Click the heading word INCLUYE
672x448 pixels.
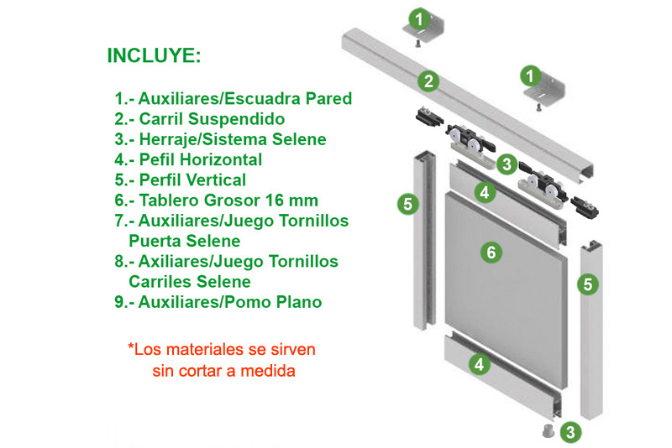click(x=154, y=55)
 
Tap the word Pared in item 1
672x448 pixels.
click(x=328, y=98)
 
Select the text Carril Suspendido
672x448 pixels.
click(x=212, y=119)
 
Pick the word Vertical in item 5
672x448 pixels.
click(x=213, y=180)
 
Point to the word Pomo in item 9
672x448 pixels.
click(x=249, y=302)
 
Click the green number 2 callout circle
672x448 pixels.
click(x=428, y=81)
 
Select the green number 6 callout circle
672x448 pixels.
click(x=491, y=253)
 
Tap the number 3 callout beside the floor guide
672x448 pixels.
click(x=570, y=432)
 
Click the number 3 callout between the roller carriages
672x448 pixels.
click(x=507, y=164)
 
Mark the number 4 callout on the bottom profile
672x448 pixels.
click(x=479, y=365)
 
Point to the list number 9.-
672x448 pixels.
click(x=124, y=302)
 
